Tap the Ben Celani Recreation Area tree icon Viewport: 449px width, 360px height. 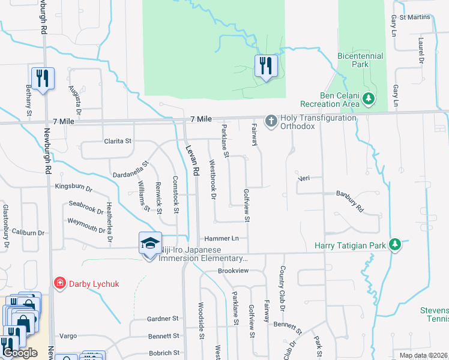click(370, 98)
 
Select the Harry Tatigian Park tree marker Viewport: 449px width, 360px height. click(394, 244)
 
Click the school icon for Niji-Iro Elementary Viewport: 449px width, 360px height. click(149, 243)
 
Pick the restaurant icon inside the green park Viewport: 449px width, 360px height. click(265, 65)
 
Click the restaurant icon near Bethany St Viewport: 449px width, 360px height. click(43, 79)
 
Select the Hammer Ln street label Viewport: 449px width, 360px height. click(222, 238)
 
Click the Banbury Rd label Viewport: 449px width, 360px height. click(350, 202)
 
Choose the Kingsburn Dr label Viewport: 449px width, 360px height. click(73, 187)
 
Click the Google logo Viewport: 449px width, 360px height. click(20, 353)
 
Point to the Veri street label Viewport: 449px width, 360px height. click(303, 178)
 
